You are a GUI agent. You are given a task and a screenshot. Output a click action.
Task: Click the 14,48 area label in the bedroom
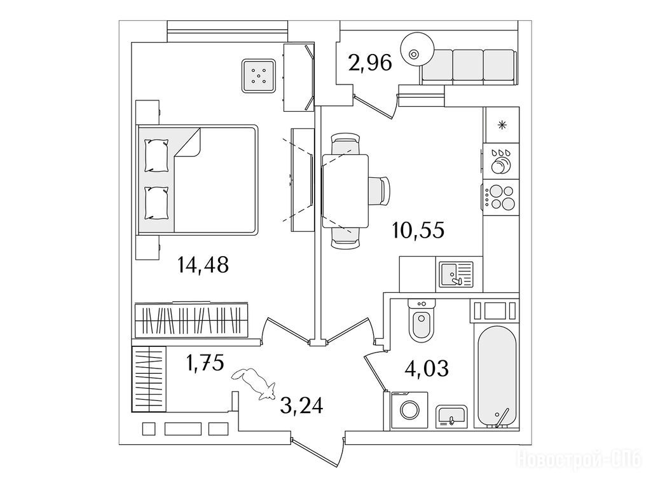pyautogui.click(x=203, y=265)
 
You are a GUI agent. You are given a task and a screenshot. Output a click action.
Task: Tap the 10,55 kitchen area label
pyautogui.click(x=418, y=230)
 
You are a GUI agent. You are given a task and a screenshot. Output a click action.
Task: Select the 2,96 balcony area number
pyautogui.click(x=371, y=63)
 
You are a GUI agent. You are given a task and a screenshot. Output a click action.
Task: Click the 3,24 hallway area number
pyautogui.click(x=301, y=405)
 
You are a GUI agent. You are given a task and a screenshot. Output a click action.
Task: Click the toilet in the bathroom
pyautogui.click(x=421, y=320)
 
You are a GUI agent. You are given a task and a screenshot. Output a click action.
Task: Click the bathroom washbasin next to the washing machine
pyautogui.click(x=452, y=416)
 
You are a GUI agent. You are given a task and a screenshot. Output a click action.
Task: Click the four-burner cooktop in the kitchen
pyautogui.click(x=501, y=197)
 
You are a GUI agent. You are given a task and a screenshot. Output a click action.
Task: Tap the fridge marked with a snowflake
pyautogui.click(x=502, y=125)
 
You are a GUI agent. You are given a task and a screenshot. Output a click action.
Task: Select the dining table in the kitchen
pyautogui.click(x=345, y=191)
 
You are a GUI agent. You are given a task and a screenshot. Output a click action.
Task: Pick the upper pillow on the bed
pyautogui.click(x=156, y=155)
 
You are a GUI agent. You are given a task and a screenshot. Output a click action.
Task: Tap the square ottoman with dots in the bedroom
pyautogui.click(x=259, y=76)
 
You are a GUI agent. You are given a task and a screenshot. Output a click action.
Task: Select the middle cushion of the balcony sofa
pyautogui.click(x=468, y=65)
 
